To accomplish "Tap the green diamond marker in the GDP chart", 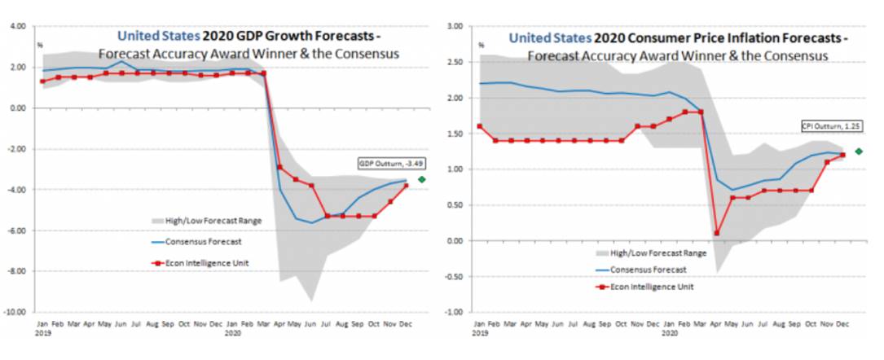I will click(421, 179).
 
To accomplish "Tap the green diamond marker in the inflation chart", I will click(859, 151).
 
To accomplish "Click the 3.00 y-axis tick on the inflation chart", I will click(455, 26).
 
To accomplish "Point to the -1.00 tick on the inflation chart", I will click(455, 312).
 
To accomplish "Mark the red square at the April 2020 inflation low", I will click(717, 233).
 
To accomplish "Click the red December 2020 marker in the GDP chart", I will click(405, 186).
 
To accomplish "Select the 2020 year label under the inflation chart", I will click(670, 333).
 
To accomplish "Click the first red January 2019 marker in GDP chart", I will click(42, 81).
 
